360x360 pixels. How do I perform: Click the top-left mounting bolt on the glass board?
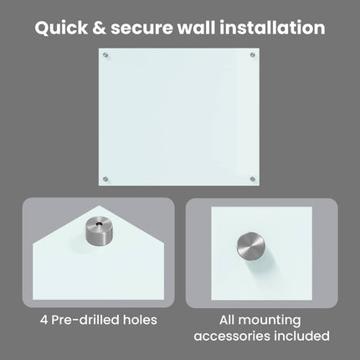point(105,55)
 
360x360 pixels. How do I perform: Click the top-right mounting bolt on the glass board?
point(252,55)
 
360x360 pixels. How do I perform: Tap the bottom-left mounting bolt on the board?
point(105,178)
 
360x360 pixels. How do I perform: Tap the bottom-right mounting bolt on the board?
point(252,178)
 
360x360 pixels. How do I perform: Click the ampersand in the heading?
point(99,28)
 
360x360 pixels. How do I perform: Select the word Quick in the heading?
point(61,28)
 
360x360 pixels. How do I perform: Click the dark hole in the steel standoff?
point(98,224)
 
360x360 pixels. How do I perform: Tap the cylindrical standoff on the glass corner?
point(99,231)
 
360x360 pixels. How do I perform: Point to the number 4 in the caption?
point(44,320)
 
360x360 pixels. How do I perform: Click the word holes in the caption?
point(136,320)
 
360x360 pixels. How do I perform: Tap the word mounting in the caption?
point(270,321)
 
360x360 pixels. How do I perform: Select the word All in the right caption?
point(227,320)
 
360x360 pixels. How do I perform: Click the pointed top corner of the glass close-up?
point(99,206)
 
